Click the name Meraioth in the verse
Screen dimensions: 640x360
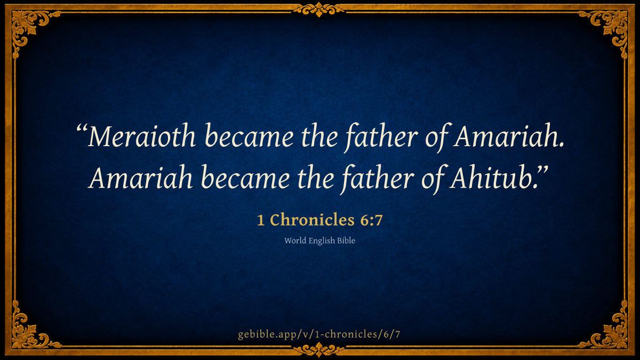pos(141,135)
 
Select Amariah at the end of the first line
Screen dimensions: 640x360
pos(506,135)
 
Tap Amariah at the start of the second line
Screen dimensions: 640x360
pos(140,177)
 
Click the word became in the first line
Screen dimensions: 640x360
pos(249,135)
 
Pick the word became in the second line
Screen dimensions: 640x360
pos(245,177)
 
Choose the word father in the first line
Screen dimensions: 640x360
pos(381,138)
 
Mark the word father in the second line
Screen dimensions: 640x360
pos(377,179)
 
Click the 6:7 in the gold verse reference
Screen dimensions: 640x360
pos(371,220)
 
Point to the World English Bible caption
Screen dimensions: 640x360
pos(319,241)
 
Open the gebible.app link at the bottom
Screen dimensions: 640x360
pos(319,334)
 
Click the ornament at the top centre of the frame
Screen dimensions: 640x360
pos(319,9)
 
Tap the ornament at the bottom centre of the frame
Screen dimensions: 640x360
pos(319,350)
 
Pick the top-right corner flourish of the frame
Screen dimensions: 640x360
pos(611,27)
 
